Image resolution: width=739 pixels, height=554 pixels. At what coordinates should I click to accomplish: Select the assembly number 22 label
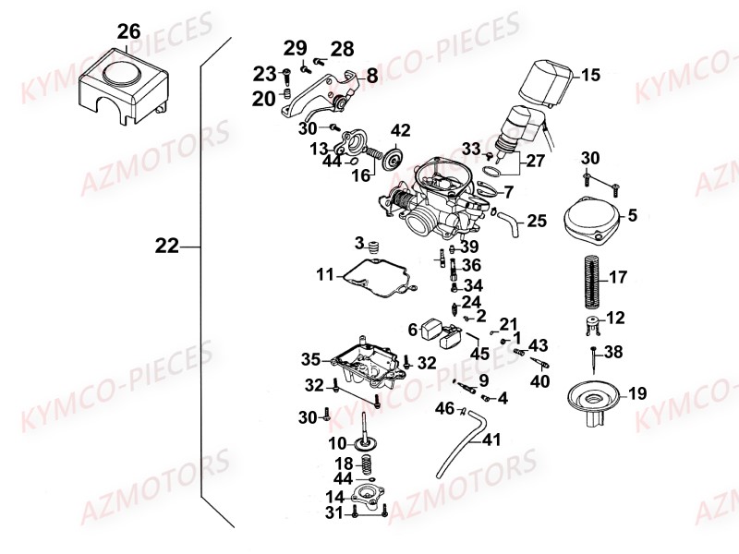(167, 247)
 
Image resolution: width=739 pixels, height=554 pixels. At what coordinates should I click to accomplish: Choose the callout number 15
(589, 76)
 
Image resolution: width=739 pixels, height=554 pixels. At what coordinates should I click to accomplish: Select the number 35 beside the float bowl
(310, 358)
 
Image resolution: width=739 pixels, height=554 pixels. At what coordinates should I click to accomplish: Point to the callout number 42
(400, 129)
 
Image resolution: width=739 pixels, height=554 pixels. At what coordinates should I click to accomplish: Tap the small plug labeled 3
(374, 247)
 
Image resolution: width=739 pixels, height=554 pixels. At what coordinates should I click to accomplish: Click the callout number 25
(537, 221)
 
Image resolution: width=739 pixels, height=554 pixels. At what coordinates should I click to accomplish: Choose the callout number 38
(613, 352)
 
